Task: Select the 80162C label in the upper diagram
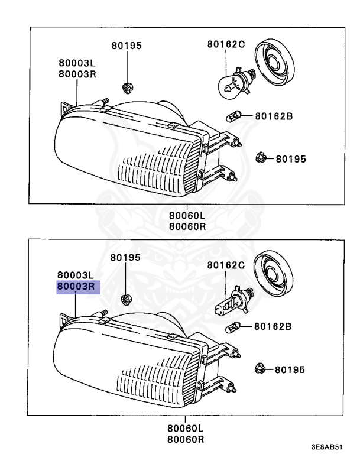[226, 44]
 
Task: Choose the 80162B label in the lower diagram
[274, 326]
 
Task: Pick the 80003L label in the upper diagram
[77, 63]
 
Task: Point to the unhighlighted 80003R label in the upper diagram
[77, 73]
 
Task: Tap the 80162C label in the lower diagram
[225, 265]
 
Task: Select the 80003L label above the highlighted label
[76, 275]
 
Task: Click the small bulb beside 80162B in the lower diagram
[235, 325]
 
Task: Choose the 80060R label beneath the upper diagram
[185, 226]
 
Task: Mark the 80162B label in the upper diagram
[274, 116]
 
